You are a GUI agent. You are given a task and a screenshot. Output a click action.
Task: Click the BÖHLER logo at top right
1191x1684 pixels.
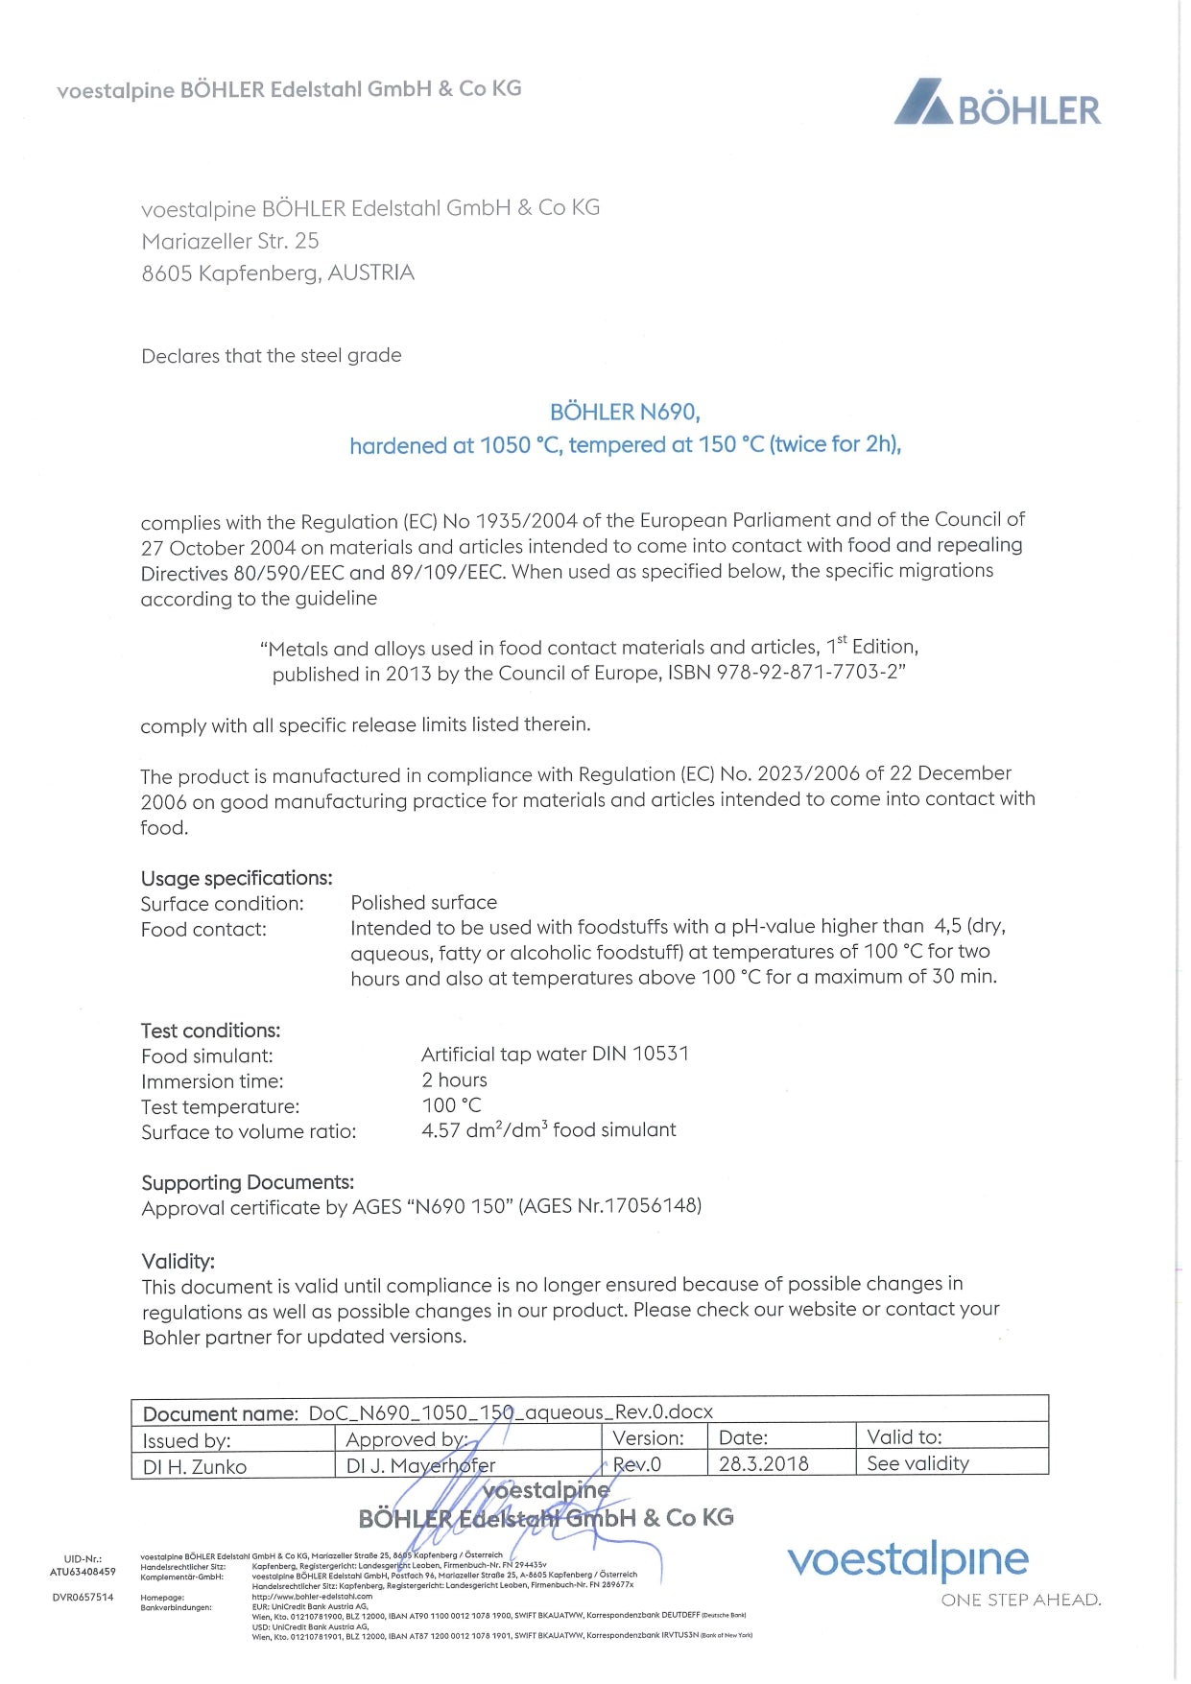(998, 105)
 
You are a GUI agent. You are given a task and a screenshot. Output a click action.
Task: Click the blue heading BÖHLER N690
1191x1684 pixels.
(625, 413)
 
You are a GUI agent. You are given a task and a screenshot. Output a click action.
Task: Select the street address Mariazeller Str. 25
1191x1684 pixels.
(230, 241)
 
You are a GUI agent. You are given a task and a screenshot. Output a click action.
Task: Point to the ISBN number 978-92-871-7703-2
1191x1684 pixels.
(808, 673)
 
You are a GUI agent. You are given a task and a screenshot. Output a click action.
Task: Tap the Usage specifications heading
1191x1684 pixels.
(236, 878)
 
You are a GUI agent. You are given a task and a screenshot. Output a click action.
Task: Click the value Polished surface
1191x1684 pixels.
(423, 903)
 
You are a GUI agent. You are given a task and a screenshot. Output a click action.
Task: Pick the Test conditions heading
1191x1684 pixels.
(210, 1031)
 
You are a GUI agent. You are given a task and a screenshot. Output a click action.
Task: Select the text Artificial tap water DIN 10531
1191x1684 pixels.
(555, 1054)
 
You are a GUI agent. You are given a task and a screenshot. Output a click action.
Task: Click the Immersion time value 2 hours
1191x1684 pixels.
(454, 1079)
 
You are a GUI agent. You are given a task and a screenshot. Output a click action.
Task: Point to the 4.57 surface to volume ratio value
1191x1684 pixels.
(441, 1130)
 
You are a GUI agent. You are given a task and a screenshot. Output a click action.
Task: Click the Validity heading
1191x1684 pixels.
(178, 1261)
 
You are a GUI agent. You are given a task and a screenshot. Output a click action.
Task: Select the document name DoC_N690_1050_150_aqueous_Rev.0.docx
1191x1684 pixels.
(511, 1412)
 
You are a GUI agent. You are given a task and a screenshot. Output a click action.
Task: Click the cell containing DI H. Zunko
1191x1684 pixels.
(195, 1466)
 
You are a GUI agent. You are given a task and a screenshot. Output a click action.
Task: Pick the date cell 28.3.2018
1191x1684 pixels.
(764, 1463)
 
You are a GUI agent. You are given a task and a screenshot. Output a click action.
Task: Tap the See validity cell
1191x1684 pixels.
(917, 1463)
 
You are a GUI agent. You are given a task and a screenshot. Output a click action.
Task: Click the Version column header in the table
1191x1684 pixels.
(648, 1437)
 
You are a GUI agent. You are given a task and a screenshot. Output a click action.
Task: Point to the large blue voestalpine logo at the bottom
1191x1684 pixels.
(907, 1560)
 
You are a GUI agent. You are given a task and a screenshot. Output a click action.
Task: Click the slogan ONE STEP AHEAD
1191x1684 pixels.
(1020, 1600)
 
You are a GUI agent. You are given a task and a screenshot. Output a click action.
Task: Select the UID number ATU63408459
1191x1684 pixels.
(83, 1572)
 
